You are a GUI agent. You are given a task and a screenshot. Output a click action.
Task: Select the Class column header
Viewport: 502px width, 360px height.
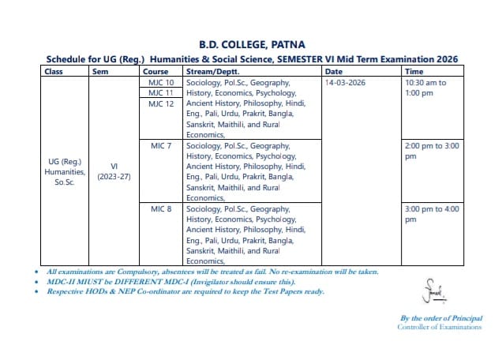click(x=54, y=71)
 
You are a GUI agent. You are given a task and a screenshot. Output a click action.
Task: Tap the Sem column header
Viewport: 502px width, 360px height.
click(x=100, y=71)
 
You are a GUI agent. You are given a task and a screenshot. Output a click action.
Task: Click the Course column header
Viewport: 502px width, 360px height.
click(x=155, y=71)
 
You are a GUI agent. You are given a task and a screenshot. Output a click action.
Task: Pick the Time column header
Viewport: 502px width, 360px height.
click(x=414, y=71)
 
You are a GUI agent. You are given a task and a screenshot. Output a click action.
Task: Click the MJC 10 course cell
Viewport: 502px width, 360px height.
click(x=161, y=82)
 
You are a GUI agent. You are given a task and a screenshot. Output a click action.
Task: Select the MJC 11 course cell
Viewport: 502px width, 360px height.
click(x=161, y=92)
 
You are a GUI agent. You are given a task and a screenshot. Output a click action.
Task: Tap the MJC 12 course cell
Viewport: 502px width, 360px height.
click(x=161, y=103)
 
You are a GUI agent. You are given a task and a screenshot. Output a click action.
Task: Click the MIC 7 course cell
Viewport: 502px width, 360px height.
click(x=161, y=146)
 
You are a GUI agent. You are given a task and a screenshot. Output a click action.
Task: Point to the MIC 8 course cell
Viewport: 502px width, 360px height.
click(x=161, y=209)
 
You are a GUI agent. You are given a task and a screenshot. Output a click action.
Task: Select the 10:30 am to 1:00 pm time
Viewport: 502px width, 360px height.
click(x=425, y=87)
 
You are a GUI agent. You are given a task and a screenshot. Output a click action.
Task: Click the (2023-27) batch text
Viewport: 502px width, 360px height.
click(x=114, y=176)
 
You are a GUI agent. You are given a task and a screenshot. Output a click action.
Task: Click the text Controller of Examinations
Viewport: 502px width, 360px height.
click(x=439, y=327)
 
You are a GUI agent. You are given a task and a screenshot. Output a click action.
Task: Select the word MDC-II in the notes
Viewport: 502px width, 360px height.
click(x=62, y=281)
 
